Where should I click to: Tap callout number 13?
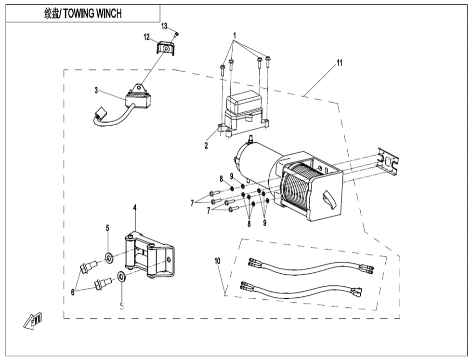164,26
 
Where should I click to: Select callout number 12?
146,37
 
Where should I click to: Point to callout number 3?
96,90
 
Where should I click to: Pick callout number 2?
206,146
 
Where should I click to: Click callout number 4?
135,207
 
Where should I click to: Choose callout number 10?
217,260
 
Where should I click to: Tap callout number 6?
73,291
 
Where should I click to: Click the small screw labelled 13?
177,34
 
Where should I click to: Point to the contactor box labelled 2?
243,113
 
